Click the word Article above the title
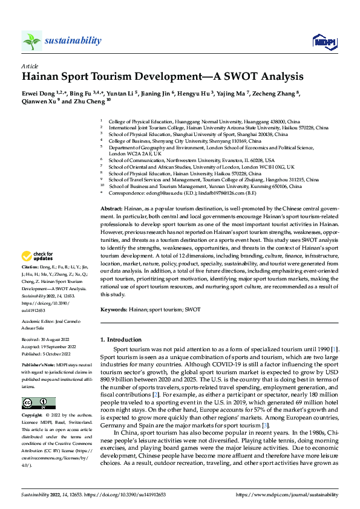tap(30, 66)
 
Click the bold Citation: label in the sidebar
tap(31, 284)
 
